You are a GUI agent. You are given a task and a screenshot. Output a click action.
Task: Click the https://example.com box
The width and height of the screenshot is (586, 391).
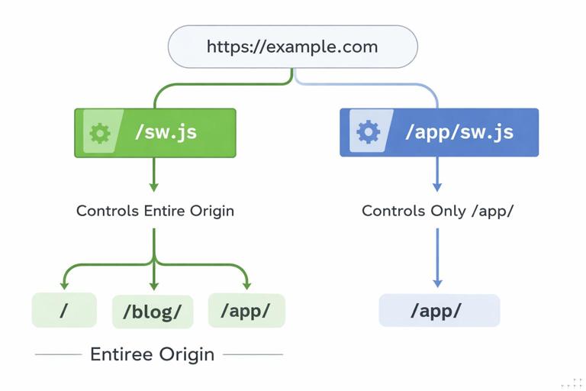pyautogui.click(x=292, y=47)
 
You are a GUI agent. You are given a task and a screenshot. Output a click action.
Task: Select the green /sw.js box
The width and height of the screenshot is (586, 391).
pyautogui.click(x=155, y=133)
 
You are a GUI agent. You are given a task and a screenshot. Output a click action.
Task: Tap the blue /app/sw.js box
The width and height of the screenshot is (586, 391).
pyautogui.click(x=439, y=132)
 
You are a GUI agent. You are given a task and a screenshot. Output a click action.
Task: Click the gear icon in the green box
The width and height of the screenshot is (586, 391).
pyautogui.click(x=100, y=133)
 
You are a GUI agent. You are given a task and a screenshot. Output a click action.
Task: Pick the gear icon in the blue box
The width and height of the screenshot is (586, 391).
pyautogui.click(x=369, y=132)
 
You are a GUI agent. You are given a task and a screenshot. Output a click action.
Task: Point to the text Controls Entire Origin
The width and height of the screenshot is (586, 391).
pyautogui.click(x=155, y=211)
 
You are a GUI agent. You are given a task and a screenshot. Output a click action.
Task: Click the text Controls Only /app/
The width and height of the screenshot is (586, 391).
pyautogui.click(x=438, y=211)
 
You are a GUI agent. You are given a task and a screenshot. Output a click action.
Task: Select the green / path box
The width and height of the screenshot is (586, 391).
pyautogui.click(x=64, y=310)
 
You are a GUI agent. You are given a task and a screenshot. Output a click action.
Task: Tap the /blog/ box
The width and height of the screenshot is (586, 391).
pyautogui.click(x=153, y=312)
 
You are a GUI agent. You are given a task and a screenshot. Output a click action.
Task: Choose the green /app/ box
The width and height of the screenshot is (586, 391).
pyautogui.click(x=246, y=310)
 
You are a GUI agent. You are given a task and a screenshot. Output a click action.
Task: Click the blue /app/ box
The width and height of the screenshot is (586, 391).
pyautogui.click(x=439, y=311)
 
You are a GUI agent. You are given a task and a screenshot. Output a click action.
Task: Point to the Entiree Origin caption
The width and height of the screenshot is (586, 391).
pyautogui.click(x=152, y=354)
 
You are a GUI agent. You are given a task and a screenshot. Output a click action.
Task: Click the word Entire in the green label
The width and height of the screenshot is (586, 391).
pyautogui.click(x=164, y=211)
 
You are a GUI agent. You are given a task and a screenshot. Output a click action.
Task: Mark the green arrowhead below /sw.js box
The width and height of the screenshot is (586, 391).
pyautogui.click(x=154, y=186)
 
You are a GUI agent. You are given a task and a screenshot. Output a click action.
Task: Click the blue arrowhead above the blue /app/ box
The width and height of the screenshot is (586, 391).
pyautogui.click(x=437, y=282)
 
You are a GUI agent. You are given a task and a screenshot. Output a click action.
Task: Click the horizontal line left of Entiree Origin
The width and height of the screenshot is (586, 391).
pyautogui.click(x=58, y=354)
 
